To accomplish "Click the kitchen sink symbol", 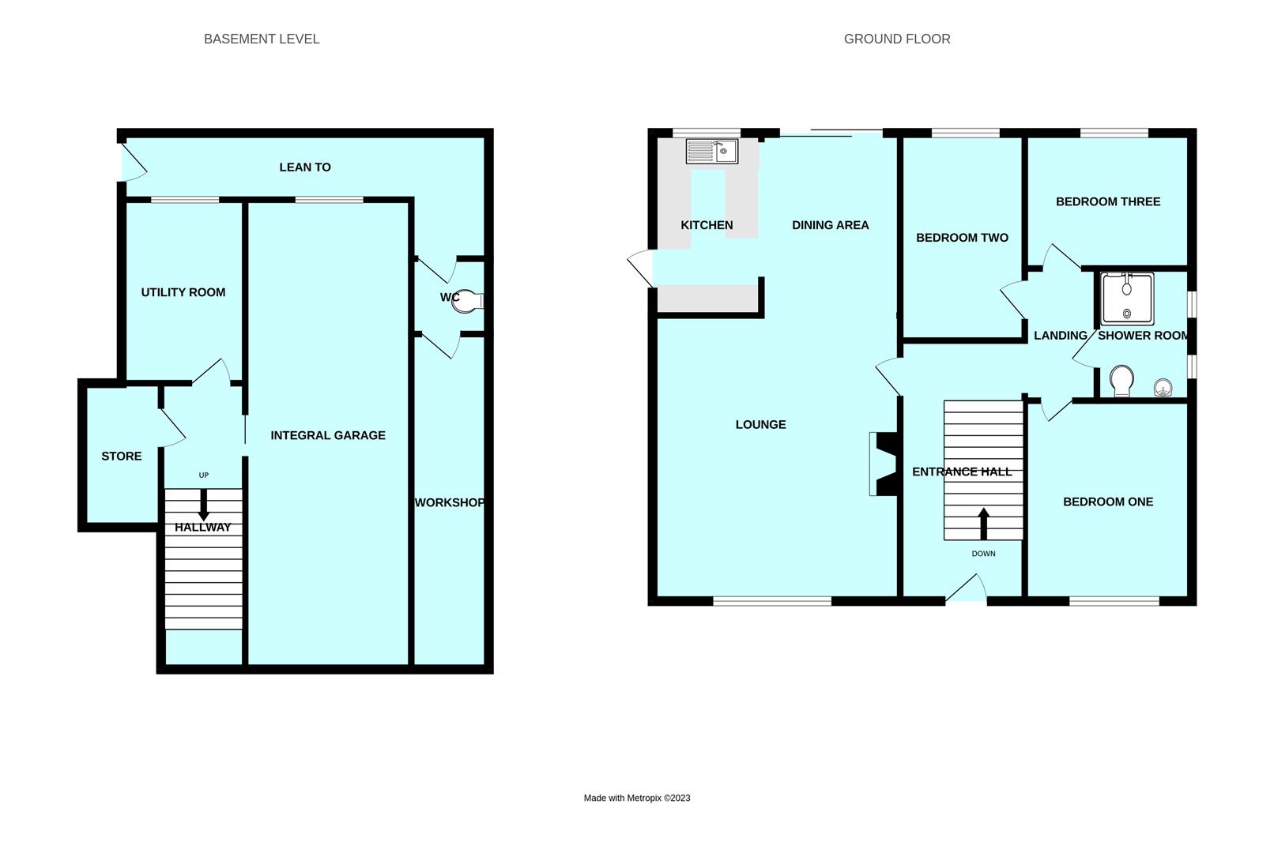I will tap(711, 151).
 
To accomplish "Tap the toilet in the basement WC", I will tap(467, 301).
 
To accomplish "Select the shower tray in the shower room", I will tap(1127, 299).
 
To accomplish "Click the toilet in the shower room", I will tap(1121, 381).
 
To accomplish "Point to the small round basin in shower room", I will tap(1163, 387).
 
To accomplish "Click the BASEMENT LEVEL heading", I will tap(262, 39).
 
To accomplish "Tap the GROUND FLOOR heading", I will tap(897, 39).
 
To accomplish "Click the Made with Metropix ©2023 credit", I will tap(637, 798).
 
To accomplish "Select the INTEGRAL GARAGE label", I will tap(328, 435).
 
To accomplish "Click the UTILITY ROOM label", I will tap(183, 292).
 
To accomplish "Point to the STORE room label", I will tap(122, 456).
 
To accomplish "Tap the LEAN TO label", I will tap(305, 167).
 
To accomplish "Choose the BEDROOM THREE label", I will tap(1108, 201).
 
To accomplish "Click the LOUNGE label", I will tap(760, 424).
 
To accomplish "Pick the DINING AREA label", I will tap(830, 225).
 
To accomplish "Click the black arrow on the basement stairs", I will tap(204, 505).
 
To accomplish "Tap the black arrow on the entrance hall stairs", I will tap(984, 523).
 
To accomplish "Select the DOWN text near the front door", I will tap(984, 554).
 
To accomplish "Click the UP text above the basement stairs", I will tap(204, 475).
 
